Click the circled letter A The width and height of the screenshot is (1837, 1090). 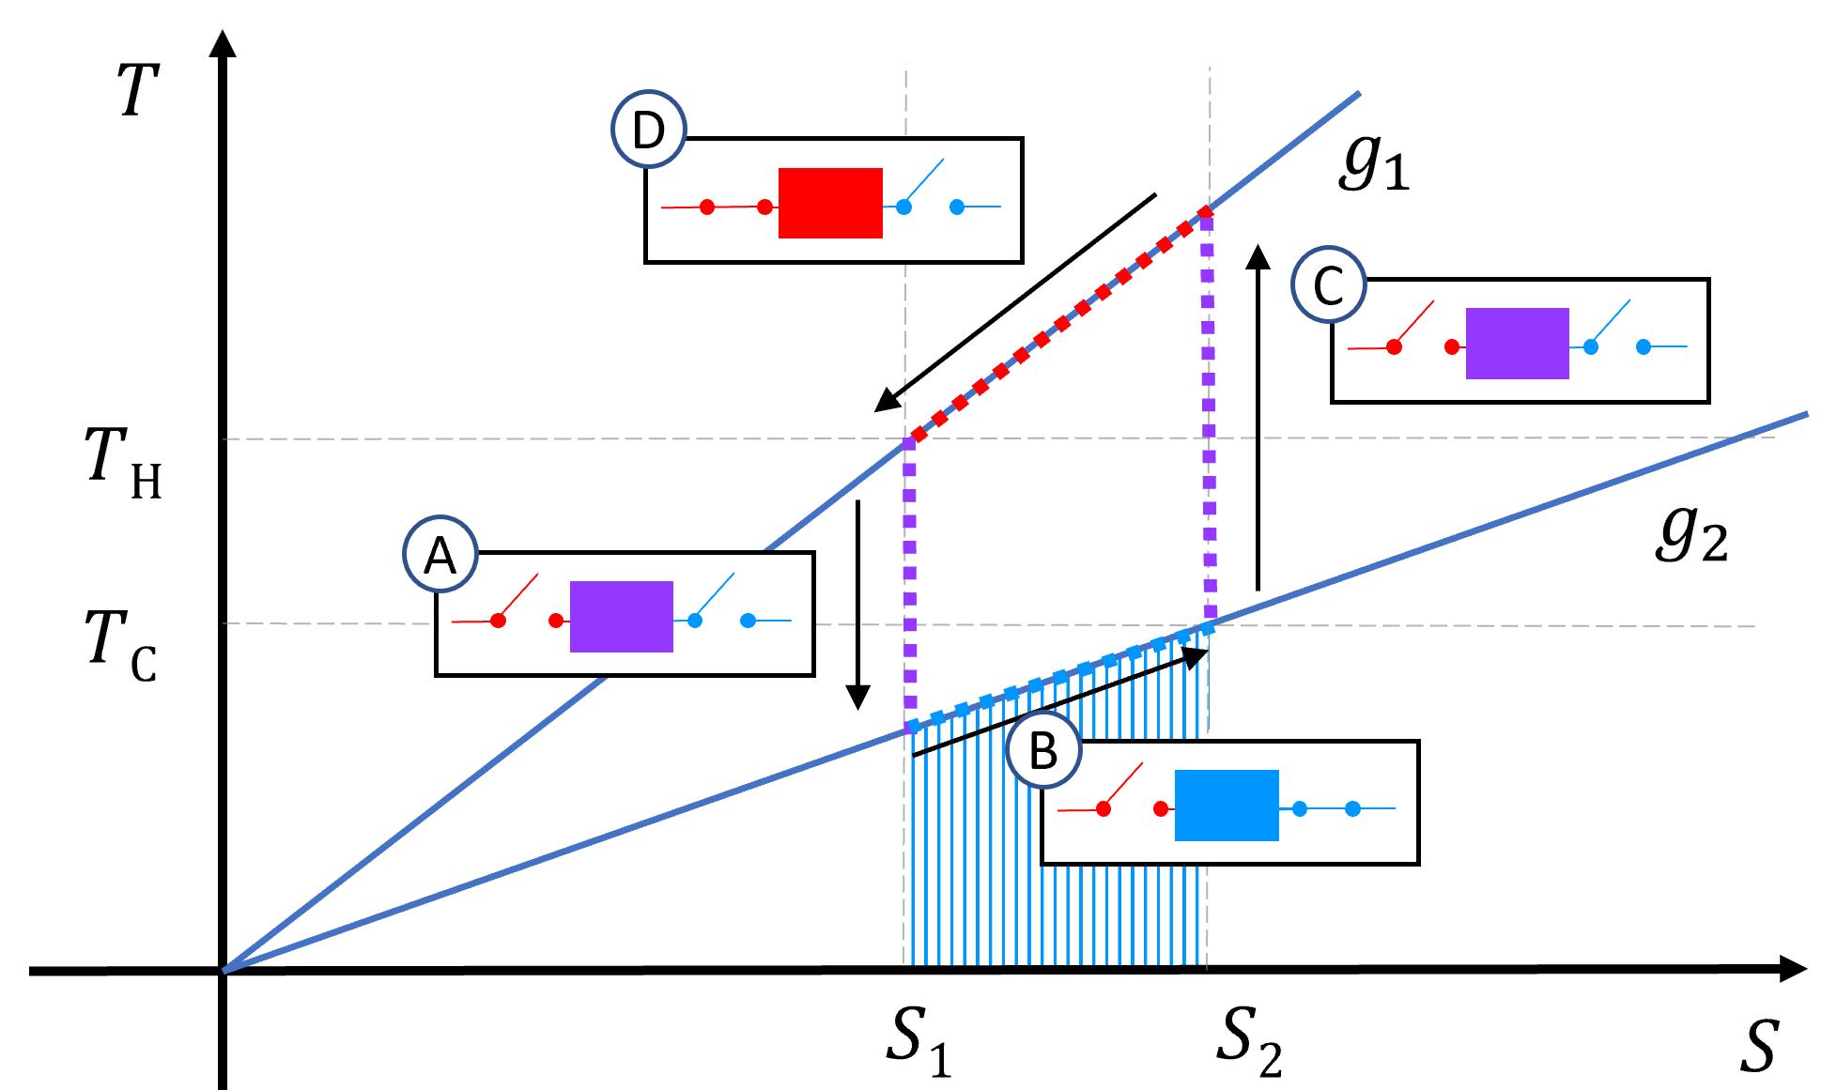tap(440, 554)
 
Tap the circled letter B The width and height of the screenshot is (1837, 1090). tap(1043, 750)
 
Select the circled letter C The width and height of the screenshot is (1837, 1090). tap(1329, 284)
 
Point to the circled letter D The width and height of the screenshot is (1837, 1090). tap(649, 130)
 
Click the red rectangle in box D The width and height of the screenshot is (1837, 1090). tap(830, 203)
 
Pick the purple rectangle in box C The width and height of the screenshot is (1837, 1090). tap(1517, 344)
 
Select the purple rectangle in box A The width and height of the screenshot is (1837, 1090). tap(621, 617)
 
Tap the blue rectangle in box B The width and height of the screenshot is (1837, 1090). tap(1227, 806)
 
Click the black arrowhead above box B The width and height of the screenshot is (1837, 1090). tap(1196, 655)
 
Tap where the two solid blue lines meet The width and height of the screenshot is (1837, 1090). tap(225, 970)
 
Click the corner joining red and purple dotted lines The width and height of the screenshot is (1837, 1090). tap(1207, 212)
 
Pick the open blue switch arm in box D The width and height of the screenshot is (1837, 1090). tap(924, 182)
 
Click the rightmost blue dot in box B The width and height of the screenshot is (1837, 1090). tap(1352, 808)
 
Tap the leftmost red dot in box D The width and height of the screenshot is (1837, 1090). tap(707, 207)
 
